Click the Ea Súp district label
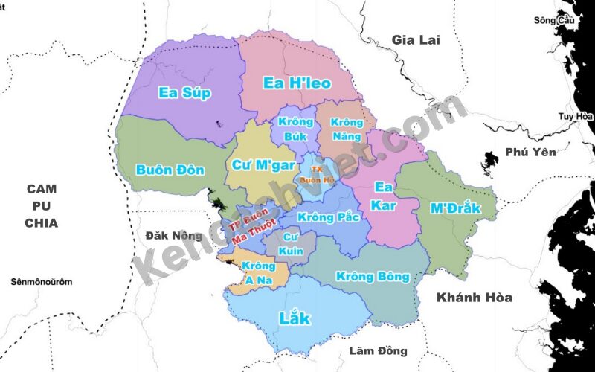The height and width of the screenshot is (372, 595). pos(185,93)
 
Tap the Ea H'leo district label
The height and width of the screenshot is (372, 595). pos(297,83)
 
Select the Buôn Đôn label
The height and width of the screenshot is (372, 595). pos(170,170)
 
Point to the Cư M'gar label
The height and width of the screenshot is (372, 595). pos(263,164)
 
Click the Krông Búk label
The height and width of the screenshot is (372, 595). pos(295,128)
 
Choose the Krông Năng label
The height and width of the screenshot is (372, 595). pos(347,129)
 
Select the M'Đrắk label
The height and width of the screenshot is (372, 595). pos(455,208)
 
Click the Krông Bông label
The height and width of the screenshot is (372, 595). pos(373,277)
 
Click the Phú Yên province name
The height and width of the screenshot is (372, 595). pos(530,153)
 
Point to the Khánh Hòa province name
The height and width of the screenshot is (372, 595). pos(475,298)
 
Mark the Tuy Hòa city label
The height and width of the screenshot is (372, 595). pos(575,116)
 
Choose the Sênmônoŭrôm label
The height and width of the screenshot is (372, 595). pos(42,282)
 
